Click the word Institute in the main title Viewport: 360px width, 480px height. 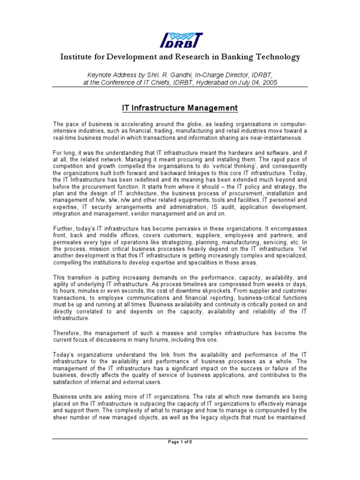click(x=76, y=57)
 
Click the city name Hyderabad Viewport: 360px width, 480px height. click(x=205, y=82)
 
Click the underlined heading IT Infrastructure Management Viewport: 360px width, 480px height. click(x=180, y=108)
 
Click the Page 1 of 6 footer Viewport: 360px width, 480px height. click(x=180, y=442)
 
